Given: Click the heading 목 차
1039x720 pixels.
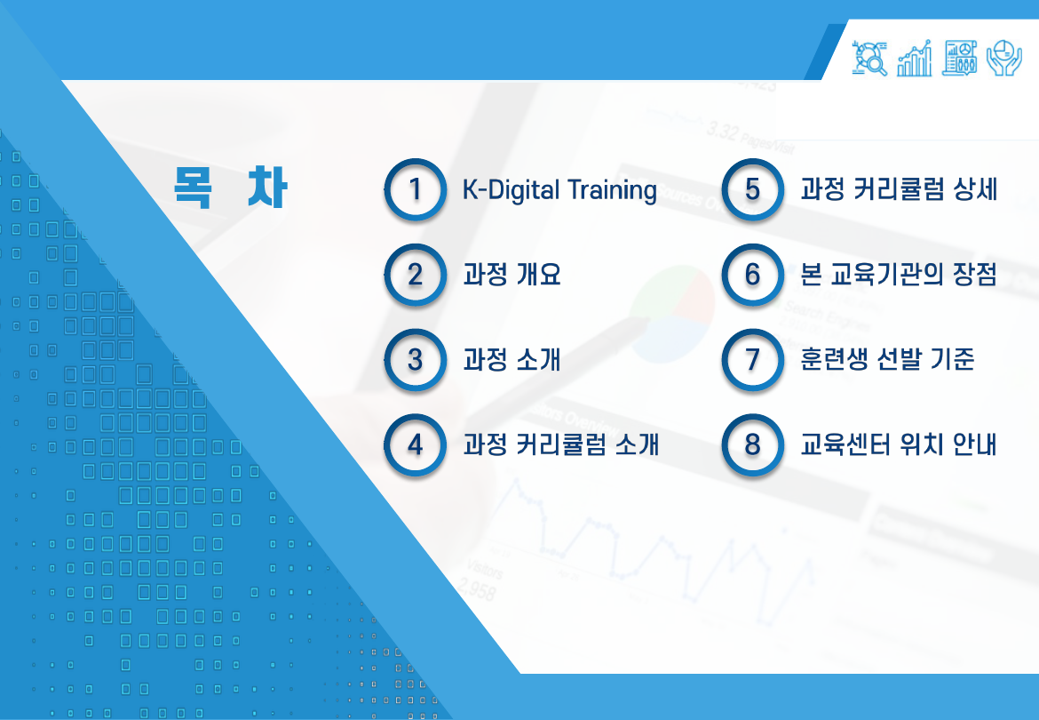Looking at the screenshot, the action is [x=230, y=187].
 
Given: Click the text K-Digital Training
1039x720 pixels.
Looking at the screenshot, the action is [x=560, y=190].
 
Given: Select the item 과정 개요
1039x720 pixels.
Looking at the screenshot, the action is [x=512, y=275].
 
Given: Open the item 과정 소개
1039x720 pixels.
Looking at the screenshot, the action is [x=512, y=360].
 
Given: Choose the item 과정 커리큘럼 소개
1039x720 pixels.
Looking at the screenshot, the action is [x=560, y=444].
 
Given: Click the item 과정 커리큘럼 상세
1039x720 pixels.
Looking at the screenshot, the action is [x=899, y=189].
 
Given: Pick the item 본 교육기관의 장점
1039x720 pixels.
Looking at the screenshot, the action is [x=899, y=275].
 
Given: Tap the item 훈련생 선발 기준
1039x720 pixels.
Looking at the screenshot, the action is [x=887, y=360].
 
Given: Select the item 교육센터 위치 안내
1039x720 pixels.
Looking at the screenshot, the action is [x=899, y=444].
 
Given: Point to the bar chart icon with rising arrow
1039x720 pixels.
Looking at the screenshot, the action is [x=915, y=58].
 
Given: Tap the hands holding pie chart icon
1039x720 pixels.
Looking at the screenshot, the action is [x=1004, y=58].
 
